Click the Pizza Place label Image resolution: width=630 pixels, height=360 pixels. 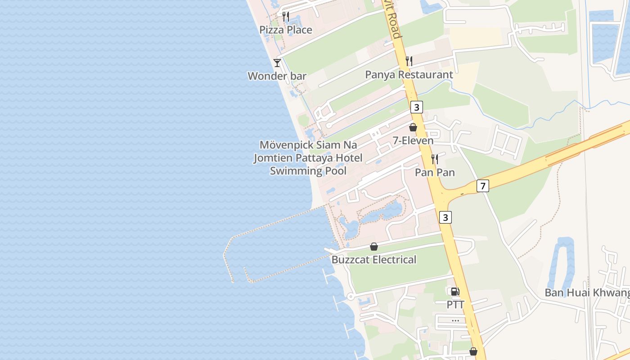coord(286,30)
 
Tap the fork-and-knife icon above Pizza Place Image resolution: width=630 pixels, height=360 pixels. coord(286,17)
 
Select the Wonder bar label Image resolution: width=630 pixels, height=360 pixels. coord(277,76)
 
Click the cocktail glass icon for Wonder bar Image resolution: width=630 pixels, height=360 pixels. coord(277,63)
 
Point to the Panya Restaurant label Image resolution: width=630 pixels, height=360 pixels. coord(409,75)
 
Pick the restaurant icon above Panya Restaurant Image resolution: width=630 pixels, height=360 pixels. coord(409,61)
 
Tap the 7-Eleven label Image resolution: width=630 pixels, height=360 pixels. coord(413,141)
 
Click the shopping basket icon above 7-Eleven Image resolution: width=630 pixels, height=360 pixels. coord(413,127)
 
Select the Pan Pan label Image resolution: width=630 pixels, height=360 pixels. coord(435,172)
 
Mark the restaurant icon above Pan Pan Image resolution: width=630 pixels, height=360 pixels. coord(435,159)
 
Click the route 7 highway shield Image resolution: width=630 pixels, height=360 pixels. coord(482,186)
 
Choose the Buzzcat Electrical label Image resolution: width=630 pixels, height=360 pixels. coord(374,260)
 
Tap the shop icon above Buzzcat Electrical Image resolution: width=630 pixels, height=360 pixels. coord(374,247)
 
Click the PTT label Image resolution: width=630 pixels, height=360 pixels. coord(455,305)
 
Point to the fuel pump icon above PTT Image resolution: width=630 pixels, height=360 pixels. coord(455,292)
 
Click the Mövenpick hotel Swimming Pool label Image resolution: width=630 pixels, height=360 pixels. coord(308,158)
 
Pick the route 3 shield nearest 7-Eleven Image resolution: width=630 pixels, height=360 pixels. coord(417,108)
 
